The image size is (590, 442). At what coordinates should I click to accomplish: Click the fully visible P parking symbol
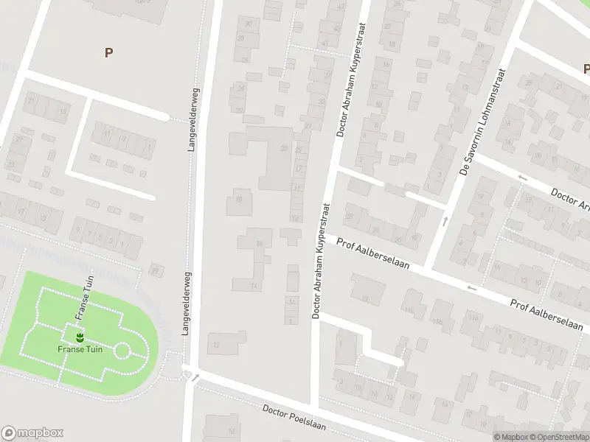pos(108,53)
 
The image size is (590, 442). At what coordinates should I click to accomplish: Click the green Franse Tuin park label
pos(80,349)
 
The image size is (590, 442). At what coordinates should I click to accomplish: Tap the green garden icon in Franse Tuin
pos(80,337)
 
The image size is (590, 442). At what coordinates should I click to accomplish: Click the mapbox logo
pos(32,433)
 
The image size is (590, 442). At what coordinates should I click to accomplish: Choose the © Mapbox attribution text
pos(511,437)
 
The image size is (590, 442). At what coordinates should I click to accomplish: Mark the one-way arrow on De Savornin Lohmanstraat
pos(445,221)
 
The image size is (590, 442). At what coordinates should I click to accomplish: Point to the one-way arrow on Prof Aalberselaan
pos(471,288)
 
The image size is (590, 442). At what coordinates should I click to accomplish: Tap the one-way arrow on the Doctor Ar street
pos(522,178)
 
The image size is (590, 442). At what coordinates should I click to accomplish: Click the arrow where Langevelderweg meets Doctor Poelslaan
pos(196,379)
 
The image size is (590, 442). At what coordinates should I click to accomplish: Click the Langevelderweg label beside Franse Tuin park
pos(187,301)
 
